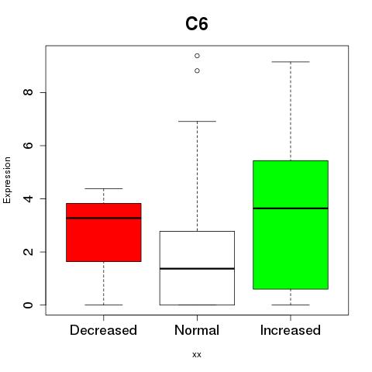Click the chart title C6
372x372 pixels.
click(x=197, y=23)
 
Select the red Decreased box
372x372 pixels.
click(x=104, y=232)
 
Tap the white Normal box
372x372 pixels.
click(x=197, y=268)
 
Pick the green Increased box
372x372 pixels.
click(x=291, y=225)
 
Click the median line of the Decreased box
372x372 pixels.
click(x=104, y=218)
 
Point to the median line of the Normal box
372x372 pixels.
click(x=197, y=269)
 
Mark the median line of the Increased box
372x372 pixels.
click(x=291, y=208)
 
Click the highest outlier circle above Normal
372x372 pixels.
click(x=197, y=56)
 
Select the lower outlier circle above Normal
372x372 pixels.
click(x=197, y=71)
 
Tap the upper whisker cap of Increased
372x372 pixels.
click(x=291, y=62)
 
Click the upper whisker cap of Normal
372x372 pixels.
click(x=197, y=121)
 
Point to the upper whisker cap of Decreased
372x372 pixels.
click(x=104, y=188)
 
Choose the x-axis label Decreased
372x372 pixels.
click(x=103, y=330)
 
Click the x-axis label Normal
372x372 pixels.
click(x=197, y=330)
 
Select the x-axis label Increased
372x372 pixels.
click(x=291, y=330)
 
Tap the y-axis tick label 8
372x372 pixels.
click(x=28, y=92)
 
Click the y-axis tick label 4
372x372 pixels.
click(x=28, y=198)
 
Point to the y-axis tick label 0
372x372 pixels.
click(x=28, y=305)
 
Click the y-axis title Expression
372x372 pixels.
click(x=7, y=180)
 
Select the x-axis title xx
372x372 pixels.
click(x=197, y=355)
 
